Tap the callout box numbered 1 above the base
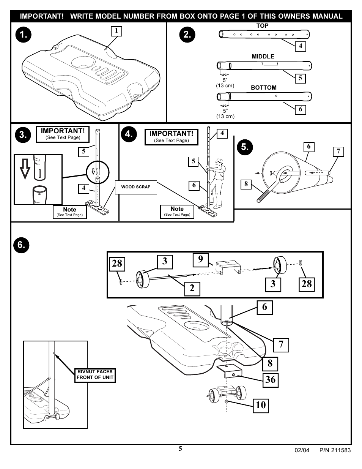[116, 31]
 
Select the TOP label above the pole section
[262, 26]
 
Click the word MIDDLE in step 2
[263, 57]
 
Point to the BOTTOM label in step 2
[263, 88]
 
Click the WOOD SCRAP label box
[136, 187]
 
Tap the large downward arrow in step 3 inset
[25, 169]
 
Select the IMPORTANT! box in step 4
[171, 137]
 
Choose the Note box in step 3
[69, 212]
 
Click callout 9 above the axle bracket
[200, 259]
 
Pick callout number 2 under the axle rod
[192, 288]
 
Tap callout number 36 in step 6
[270, 379]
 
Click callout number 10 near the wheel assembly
[261, 405]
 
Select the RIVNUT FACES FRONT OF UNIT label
[95, 375]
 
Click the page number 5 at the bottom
[180, 449]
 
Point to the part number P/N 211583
[335, 450]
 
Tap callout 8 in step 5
[246, 184]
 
